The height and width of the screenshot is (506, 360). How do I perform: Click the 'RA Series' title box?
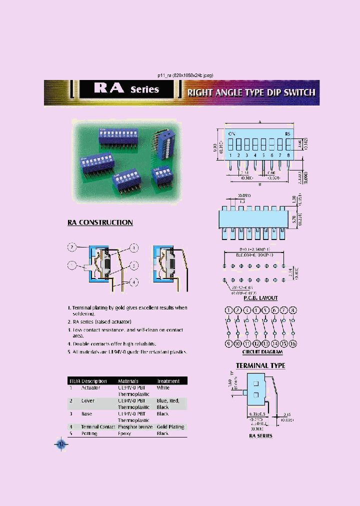(126, 89)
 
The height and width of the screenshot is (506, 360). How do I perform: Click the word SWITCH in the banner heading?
(299, 92)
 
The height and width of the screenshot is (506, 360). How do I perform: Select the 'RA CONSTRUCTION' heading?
(100, 222)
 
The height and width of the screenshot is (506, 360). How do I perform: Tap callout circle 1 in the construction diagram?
(134, 247)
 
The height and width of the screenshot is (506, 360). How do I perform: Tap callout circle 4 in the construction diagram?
(134, 282)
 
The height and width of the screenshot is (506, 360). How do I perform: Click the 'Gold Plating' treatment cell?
(170, 427)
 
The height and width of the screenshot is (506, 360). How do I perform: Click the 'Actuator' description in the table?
(90, 387)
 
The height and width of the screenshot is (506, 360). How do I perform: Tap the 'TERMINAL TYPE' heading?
(260, 365)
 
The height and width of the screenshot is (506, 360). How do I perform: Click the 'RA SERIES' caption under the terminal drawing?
(261, 436)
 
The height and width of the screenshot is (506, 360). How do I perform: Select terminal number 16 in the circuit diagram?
(293, 343)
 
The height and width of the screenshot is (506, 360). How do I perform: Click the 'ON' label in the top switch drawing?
(232, 134)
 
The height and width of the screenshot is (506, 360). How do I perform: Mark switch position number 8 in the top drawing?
(288, 155)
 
